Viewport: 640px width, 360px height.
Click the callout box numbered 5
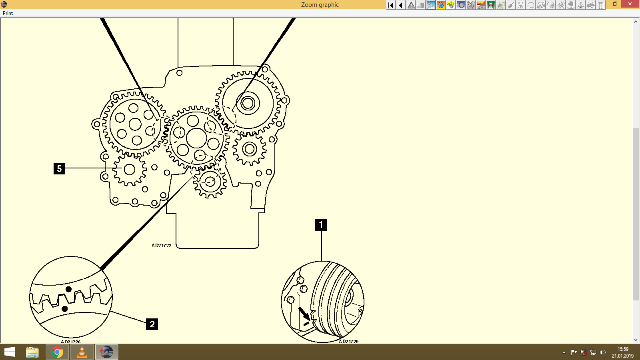pos(59,168)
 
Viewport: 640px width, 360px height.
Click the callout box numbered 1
pos(321,225)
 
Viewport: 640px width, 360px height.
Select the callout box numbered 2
pos(152,324)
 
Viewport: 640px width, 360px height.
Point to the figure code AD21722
pos(161,246)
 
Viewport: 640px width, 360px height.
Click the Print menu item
pos(8,13)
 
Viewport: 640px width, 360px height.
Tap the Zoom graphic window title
pos(320,5)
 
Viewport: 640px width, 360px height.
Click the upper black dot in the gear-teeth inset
pos(68,289)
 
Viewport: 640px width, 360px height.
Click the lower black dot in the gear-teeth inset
pos(65,309)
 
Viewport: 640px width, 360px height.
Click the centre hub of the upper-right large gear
pos(248,103)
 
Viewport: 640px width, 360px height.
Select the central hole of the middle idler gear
pos(196,138)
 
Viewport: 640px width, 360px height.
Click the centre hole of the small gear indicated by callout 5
pos(129,170)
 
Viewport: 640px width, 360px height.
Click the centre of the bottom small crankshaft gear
pos(210,182)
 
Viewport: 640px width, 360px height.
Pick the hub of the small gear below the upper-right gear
pos(250,149)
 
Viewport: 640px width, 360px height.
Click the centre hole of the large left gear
pos(135,124)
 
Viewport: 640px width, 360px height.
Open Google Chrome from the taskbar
pos(57,352)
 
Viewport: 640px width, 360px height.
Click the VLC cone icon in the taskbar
pos(82,352)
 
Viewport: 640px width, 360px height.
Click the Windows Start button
pos(9,352)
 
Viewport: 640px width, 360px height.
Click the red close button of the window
pos(630,4)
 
